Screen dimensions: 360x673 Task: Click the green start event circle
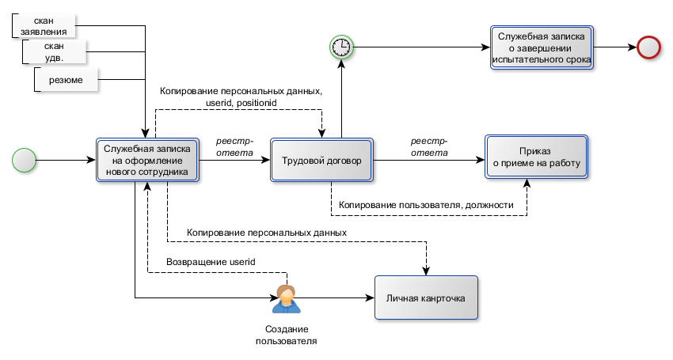coord(25,161)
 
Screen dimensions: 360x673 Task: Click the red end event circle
coord(649,47)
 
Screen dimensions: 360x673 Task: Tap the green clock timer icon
coord(341,47)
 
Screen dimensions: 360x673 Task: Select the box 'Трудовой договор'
coord(321,161)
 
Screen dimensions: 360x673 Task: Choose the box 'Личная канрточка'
coord(426,298)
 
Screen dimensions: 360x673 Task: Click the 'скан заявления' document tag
coord(44,25)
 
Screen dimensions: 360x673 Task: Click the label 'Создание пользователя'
coord(287,335)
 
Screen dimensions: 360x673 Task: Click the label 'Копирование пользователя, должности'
coord(427,205)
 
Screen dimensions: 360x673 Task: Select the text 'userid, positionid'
coord(241,104)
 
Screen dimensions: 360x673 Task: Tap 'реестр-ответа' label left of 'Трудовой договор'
coord(234,147)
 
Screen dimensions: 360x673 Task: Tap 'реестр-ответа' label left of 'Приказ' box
coord(428,147)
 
